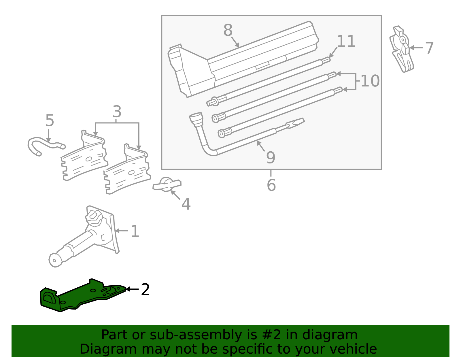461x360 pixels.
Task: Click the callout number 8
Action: coord(228,30)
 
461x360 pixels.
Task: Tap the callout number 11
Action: coord(346,42)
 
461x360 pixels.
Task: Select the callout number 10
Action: coord(370,81)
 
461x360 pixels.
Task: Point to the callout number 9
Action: coord(271,157)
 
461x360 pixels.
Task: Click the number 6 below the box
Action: coord(271,185)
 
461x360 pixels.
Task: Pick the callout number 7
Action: coord(429,48)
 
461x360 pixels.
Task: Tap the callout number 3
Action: coord(117,112)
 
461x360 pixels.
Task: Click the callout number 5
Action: coord(50,120)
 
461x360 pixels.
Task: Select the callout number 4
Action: coord(186,204)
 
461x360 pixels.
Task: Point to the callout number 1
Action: coord(135,231)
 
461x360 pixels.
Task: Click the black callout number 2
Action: coord(145,289)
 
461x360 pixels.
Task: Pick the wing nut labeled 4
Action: coord(167,184)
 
